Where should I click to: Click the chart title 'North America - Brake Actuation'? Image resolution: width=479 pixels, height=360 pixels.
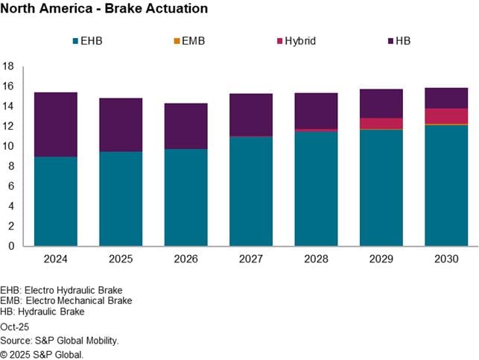point(104,9)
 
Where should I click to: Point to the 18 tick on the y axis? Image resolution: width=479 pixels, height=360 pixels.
point(9,66)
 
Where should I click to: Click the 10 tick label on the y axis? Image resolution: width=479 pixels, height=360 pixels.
point(9,146)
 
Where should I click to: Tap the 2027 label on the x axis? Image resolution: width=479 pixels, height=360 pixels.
point(251,260)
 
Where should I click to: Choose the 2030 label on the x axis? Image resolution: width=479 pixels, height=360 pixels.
point(446,260)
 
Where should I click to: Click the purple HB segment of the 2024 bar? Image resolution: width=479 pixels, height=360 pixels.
point(55,124)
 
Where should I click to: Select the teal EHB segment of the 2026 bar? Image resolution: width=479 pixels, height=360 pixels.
point(185,198)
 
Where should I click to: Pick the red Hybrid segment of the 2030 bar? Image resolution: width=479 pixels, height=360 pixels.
point(446,116)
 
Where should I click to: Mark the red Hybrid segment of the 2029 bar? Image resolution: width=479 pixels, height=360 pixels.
point(381,123)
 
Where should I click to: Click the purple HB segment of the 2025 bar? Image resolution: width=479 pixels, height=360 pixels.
point(121,124)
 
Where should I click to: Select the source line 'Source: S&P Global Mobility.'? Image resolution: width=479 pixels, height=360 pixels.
point(60,341)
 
